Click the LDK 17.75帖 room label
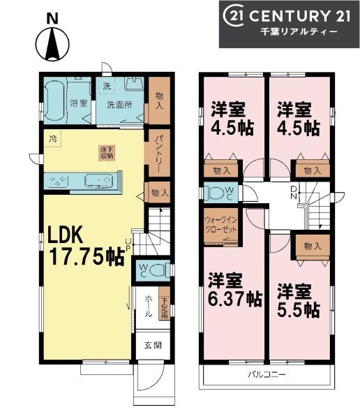pyautogui.click(x=86, y=247)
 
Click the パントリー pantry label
pyautogui.click(x=157, y=152)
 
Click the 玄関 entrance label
pyautogui.click(x=153, y=346)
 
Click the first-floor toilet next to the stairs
pyautogui.click(x=158, y=270)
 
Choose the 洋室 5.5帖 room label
pyautogui.click(x=298, y=299)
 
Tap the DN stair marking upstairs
pyautogui.click(x=294, y=192)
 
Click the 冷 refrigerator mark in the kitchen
pyautogui.click(x=52, y=139)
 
